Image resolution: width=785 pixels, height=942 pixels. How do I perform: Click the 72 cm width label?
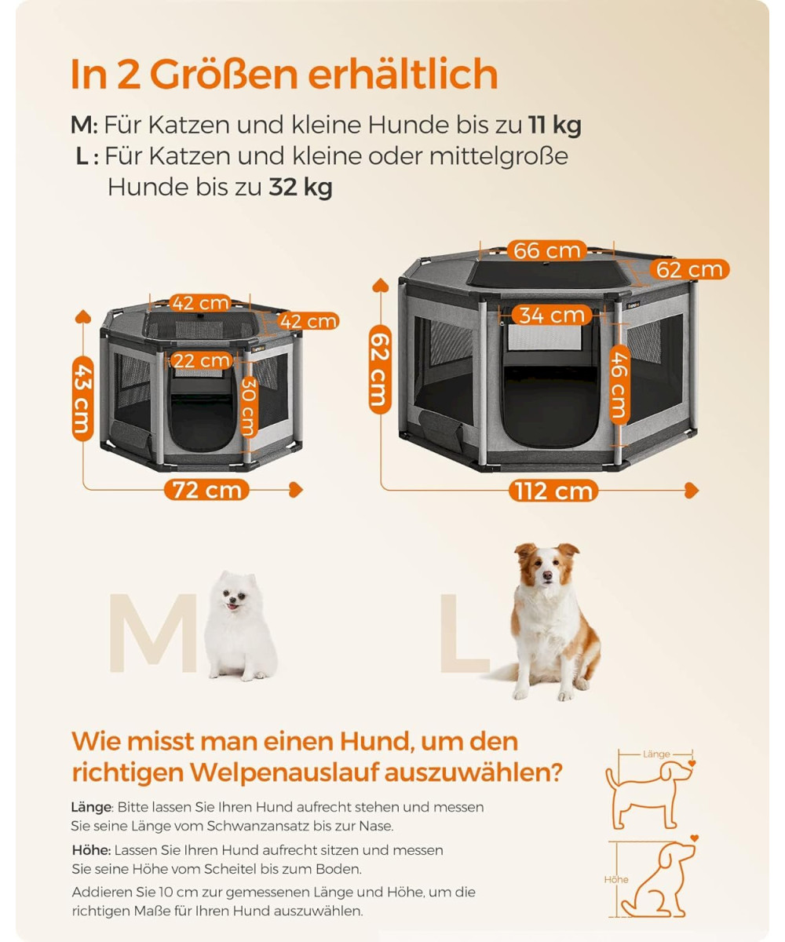coord(206,490)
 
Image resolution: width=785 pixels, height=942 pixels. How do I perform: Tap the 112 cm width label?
coord(553,491)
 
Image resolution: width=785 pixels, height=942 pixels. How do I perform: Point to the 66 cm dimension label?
coord(547,250)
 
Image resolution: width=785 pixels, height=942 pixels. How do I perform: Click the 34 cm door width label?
coord(552,315)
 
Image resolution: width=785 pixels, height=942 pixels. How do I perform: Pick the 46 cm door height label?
coord(620,385)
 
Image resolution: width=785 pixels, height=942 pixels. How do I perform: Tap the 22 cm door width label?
coord(201,360)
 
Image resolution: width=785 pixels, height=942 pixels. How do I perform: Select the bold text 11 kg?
coord(555,125)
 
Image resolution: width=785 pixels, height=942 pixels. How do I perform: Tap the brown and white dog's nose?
coord(547,575)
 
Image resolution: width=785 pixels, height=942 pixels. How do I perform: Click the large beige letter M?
coord(153,633)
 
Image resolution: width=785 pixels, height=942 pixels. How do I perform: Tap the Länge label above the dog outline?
coord(656,754)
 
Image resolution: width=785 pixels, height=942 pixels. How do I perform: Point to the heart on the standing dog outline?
coord(692,763)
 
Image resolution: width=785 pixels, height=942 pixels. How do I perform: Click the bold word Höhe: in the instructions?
coord(91,850)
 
